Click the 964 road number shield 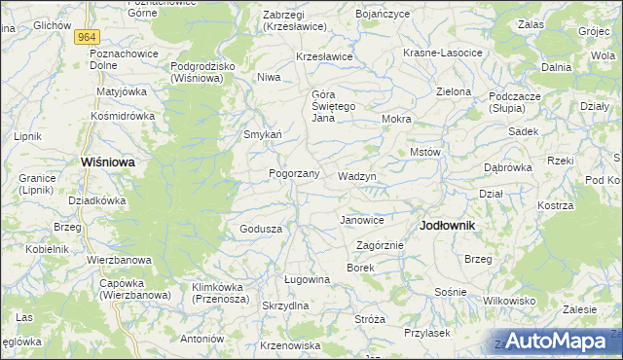(x=88, y=36)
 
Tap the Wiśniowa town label (x=107, y=162)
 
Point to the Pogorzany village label (x=294, y=173)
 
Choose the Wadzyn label (x=356, y=176)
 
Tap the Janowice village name (x=361, y=220)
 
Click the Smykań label (x=263, y=134)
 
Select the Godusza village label (x=261, y=229)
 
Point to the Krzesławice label (x=324, y=57)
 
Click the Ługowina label (x=307, y=279)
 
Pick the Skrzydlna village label (x=285, y=306)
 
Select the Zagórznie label (x=380, y=245)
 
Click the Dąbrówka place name (x=508, y=167)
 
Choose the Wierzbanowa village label (x=119, y=260)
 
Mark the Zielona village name (x=454, y=91)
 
